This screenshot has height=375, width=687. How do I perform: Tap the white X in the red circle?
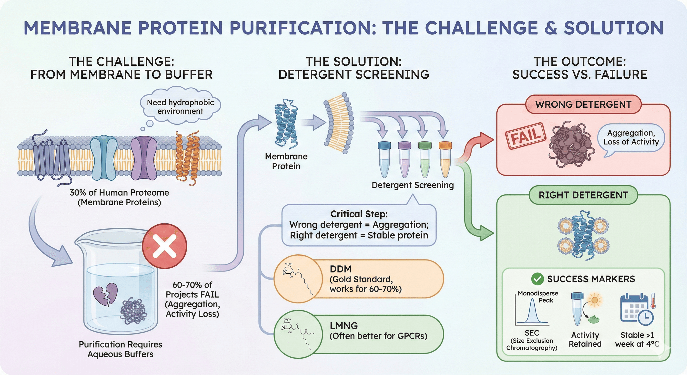(x=164, y=246)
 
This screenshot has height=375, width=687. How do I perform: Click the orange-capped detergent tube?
(x=445, y=160)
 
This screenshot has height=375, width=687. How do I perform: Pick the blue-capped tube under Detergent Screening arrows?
(x=384, y=160)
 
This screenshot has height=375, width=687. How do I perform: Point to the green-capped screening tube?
(x=425, y=160)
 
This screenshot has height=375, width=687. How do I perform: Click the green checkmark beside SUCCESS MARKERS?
(x=537, y=279)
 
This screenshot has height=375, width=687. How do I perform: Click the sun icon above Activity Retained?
(x=595, y=300)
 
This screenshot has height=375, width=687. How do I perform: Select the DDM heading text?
(x=341, y=269)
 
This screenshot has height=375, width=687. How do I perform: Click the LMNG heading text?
(x=344, y=326)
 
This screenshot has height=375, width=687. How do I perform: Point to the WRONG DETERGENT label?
(x=583, y=104)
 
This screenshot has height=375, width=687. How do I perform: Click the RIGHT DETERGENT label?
(x=583, y=195)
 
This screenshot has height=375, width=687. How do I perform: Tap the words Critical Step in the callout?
(x=359, y=214)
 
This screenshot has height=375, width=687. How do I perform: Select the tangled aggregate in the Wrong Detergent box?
(x=571, y=144)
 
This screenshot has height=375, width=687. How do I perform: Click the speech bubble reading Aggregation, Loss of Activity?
(x=631, y=138)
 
